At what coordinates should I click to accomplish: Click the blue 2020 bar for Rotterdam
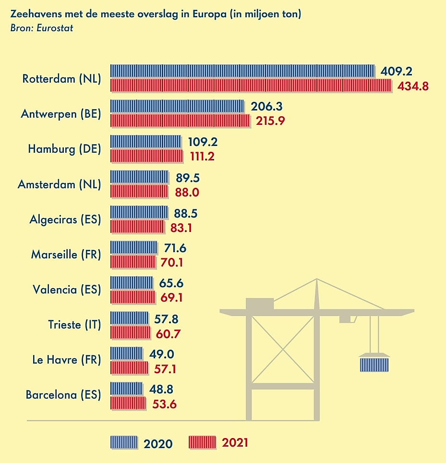(242, 71)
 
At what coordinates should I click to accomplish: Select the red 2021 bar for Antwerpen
(180, 121)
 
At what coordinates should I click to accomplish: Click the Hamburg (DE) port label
(64, 149)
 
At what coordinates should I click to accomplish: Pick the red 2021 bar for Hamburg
(146, 156)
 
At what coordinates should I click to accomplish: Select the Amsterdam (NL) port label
(60, 184)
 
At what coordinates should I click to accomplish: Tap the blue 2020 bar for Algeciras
(139, 212)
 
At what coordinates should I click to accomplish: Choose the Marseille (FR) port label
(66, 255)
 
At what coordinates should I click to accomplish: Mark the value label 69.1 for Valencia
(172, 298)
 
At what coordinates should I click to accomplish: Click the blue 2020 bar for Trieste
(129, 317)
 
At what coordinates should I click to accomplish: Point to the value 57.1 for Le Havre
(166, 368)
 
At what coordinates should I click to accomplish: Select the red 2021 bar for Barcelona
(128, 403)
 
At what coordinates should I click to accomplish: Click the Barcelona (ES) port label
(63, 395)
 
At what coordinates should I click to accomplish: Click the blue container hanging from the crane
(374, 364)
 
